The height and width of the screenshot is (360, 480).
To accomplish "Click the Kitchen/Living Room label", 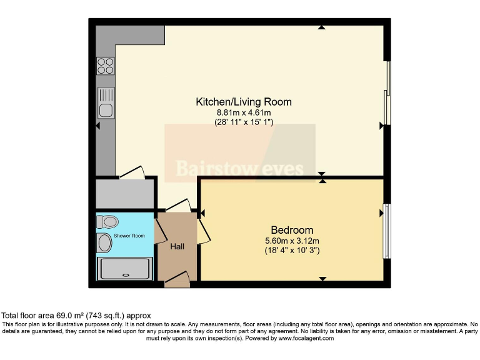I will pyautogui.click(x=244, y=102).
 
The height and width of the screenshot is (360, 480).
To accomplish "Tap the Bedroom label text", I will pyautogui.click(x=292, y=230).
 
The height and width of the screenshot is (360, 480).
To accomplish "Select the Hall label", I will pyautogui.click(x=177, y=247).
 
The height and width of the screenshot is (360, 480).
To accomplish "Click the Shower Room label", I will pyautogui.click(x=129, y=236).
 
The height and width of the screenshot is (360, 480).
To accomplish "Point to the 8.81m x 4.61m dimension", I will pyautogui.click(x=244, y=112).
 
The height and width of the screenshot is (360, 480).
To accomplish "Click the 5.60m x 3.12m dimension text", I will pyautogui.click(x=292, y=241).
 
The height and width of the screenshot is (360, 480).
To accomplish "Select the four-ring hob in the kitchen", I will pyautogui.click(x=105, y=66).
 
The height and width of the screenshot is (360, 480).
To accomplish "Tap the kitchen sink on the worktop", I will pyautogui.click(x=106, y=104).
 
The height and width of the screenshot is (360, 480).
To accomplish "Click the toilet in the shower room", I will pyautogui.click(x=108, y=221).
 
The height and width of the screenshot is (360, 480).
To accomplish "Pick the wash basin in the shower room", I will pyautogui.click(x=104, y=243).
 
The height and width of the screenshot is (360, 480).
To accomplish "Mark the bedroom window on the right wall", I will pyautogui.click(x=387, y=231).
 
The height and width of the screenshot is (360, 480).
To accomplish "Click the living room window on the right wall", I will pyautogui.click(x=388, y=92).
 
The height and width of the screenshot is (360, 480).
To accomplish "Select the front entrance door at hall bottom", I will pyautogui.click(x=177, y=279).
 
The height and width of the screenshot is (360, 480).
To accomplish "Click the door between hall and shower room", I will pyautogui.click(x=159, y=231).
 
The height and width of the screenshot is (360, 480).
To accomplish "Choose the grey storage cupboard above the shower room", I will pyautogui.click(x=124, y=193).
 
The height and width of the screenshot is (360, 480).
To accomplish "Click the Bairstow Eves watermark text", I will pyautogui.click(x=239, y=169).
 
